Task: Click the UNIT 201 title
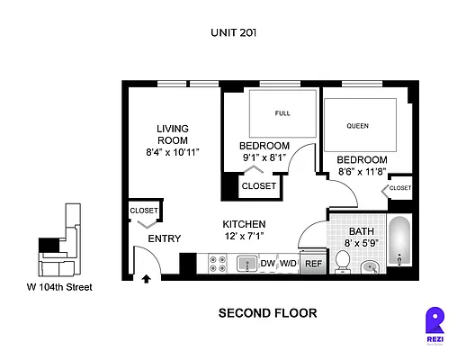[x=233, y=32]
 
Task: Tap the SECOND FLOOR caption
[x=267, y=313]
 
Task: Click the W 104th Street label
[x=59, y=287]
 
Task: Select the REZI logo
[x=435, y=325]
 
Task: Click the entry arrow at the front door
[x=146, y=279]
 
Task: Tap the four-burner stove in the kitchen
[x=218, y=264]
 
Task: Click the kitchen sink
[x=247, y=264]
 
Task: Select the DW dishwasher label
[x=267, y=264]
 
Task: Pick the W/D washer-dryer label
[x=288, y=264]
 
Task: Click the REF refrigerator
[x=313, y=263]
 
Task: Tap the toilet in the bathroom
[x=343, y=262]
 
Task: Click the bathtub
[x=399, y=241]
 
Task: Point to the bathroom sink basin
[x=370, y=267]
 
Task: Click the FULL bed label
[x=282, y=113]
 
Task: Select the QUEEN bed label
[x=357, y=126]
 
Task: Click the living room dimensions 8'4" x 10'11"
[x=173, y=152]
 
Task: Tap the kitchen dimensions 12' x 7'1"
[x=245, y=236]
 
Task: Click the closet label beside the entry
[x=144, y=211]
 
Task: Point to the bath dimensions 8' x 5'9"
[x=362, y=243]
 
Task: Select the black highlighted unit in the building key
[x=49, y=245]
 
